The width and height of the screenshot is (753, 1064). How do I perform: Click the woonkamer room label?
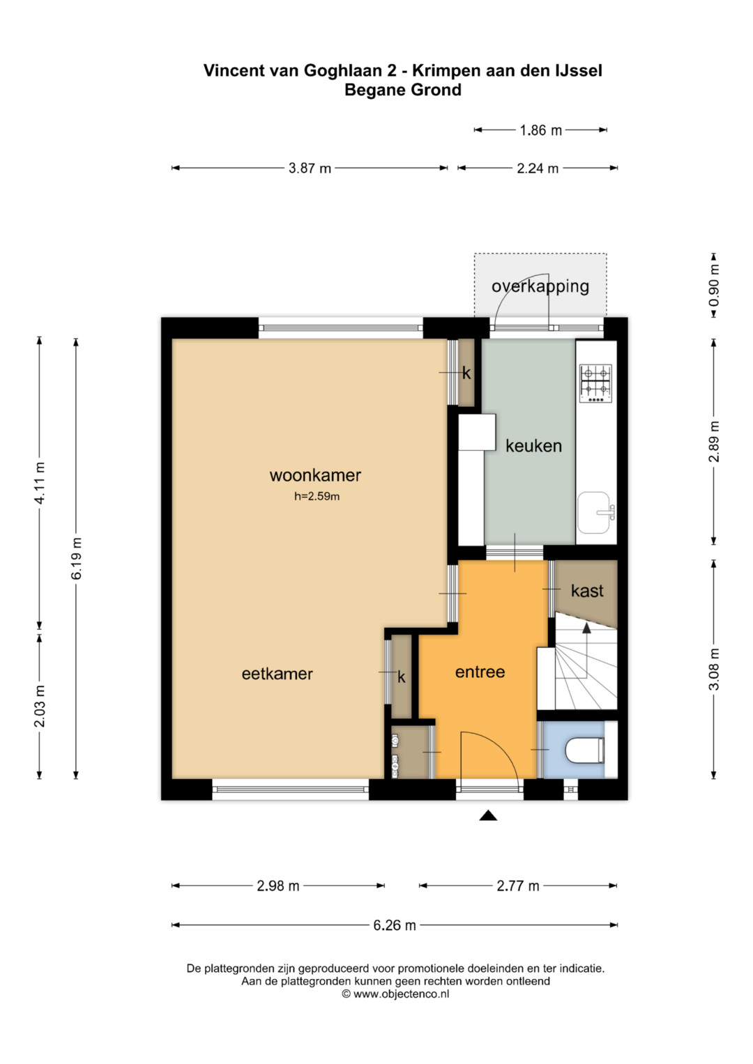click(x=315, y=475)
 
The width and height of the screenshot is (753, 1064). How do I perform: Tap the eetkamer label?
click(x=277, y=674)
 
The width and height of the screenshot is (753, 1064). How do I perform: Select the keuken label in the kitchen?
click(x=533, y=446)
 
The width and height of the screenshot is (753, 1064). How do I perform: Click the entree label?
click(x=480, y=672)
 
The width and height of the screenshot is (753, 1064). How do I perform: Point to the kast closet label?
click(x=587, y=591)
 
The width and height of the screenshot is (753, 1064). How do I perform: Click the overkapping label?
click(x=540, y=286)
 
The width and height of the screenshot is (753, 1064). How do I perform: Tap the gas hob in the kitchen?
click(x=595, y=383)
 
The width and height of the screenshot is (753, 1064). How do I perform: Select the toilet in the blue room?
click(x=585, y=750)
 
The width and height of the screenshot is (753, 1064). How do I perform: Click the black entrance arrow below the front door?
click(x=488, y=815)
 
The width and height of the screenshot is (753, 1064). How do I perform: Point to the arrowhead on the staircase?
click(x=586, y=628)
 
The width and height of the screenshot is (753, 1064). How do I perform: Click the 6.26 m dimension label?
click(x=395, y=925)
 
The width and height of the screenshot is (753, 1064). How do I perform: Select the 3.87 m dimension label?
click(x=310, y=168)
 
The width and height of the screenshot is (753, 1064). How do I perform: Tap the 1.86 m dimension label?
click(x=541, y=130)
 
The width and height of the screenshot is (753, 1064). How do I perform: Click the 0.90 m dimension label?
click(x=714, y=286)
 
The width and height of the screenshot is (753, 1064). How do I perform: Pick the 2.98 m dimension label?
click(x=278, y=886)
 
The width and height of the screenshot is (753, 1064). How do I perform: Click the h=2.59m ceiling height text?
click(x=317, y=497)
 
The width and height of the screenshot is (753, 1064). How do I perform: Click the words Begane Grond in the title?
click(x=403, y=90)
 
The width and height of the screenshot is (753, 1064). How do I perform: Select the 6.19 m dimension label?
click(x=77, y=559)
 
